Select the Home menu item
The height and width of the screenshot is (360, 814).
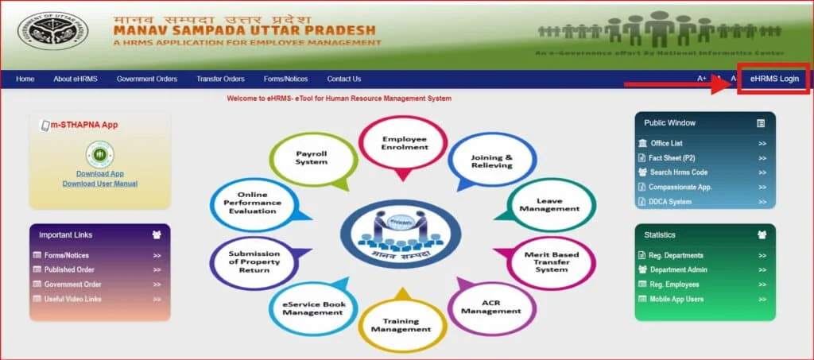(x=25, y=79)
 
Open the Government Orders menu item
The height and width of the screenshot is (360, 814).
(x=146, y=79)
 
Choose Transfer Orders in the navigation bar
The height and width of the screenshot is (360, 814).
(x=220, y=79)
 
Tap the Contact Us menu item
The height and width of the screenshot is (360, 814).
(x=343, y=79)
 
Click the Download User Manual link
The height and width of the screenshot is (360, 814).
(x=99, y=184)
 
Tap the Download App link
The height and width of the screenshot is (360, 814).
(x=99, y=173)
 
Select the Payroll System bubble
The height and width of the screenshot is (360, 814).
(x=311, y=157)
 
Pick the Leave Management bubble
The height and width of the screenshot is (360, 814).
(x=549, y=204)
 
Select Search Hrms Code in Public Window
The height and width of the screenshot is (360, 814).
(x=678, y=172)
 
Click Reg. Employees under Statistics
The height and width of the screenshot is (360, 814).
(x=674, y=285)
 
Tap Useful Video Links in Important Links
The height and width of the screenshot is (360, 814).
(x=72, y=299)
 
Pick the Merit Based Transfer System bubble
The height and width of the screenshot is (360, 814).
(x=552, y=261)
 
